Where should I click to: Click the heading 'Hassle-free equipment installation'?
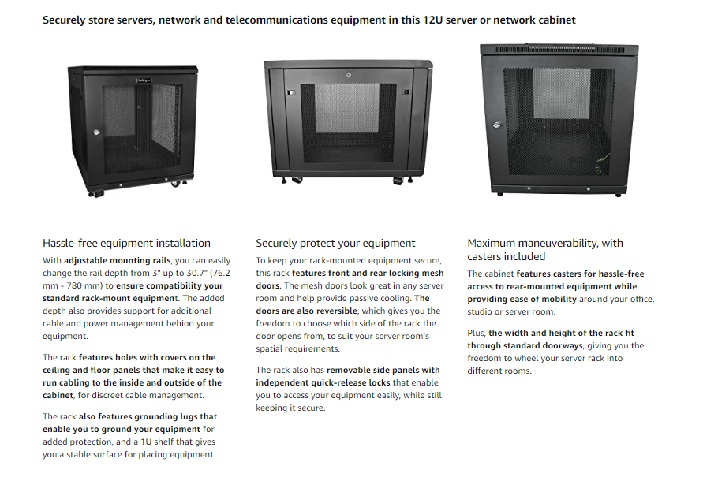coord(126,243)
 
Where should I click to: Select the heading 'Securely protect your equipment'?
coord(335,243)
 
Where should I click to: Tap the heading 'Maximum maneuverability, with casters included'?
coord(545,250)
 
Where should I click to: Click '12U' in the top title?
coord(432,20)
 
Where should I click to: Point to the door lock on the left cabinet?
coord(96,132)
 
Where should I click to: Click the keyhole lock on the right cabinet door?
coord(496,125)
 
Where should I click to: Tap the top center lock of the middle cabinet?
coord(349,75)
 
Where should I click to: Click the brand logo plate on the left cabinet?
coord(144,80)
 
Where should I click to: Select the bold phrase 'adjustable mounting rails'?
coord(118,260)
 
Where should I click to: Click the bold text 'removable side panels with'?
coord(383,370)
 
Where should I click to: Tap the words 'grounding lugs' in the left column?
coord(166,416)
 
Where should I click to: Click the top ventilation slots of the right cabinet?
coord(559,49)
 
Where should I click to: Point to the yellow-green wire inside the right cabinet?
coord(603,164)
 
